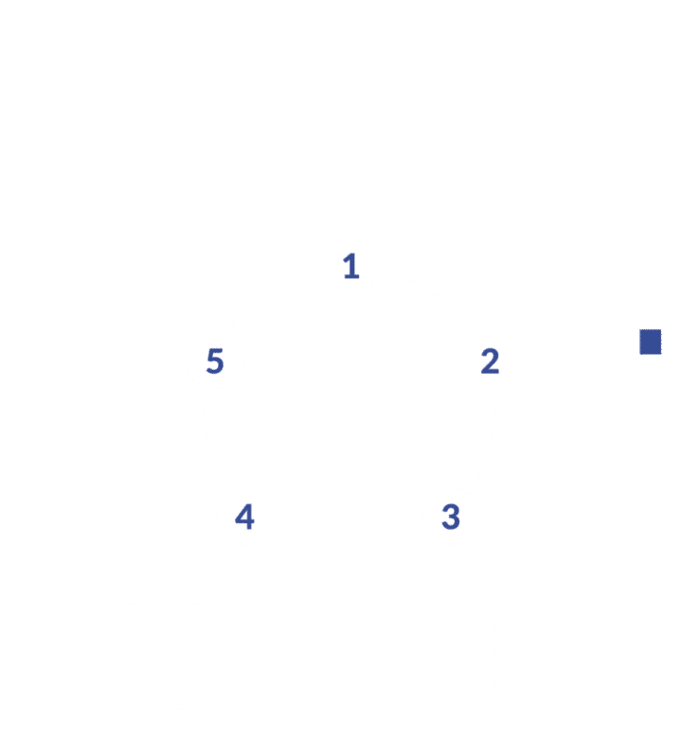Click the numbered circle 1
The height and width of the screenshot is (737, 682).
click(351, 267)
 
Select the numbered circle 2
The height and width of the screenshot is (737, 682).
click(490, 360)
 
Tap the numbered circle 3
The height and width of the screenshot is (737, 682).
click(451, 517)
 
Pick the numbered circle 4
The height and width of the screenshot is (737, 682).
click(244, 518)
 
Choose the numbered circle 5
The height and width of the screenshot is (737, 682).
click(214, 360)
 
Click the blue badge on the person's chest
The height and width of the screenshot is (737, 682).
click(650, 342)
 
